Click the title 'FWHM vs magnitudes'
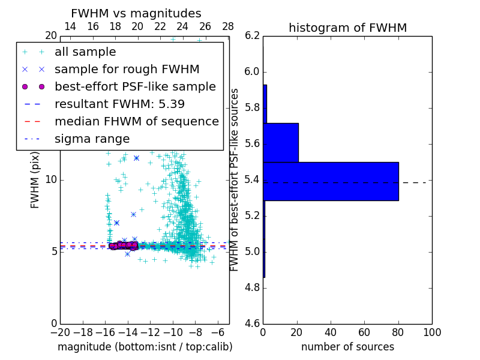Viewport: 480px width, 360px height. pos(136,13)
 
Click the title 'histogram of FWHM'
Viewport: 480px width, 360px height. pos(347,28)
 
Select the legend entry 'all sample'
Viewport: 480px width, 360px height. pos(85,52)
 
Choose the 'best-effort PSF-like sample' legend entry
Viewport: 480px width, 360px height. pos(135,86)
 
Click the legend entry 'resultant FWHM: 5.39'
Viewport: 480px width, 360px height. pos(119,104)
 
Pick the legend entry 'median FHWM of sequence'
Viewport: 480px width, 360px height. pos(136,121)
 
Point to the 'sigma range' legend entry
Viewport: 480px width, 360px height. pos(92,139)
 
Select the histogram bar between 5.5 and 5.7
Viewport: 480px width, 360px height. pos(281,142)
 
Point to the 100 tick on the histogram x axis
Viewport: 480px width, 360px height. pos(431,332)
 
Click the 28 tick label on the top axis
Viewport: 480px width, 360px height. pos(228,26)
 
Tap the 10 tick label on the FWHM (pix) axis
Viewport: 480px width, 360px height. pos(50,179)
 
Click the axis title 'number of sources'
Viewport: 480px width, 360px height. pos(347,347)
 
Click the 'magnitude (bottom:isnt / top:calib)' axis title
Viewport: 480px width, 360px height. pos(145,347)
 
